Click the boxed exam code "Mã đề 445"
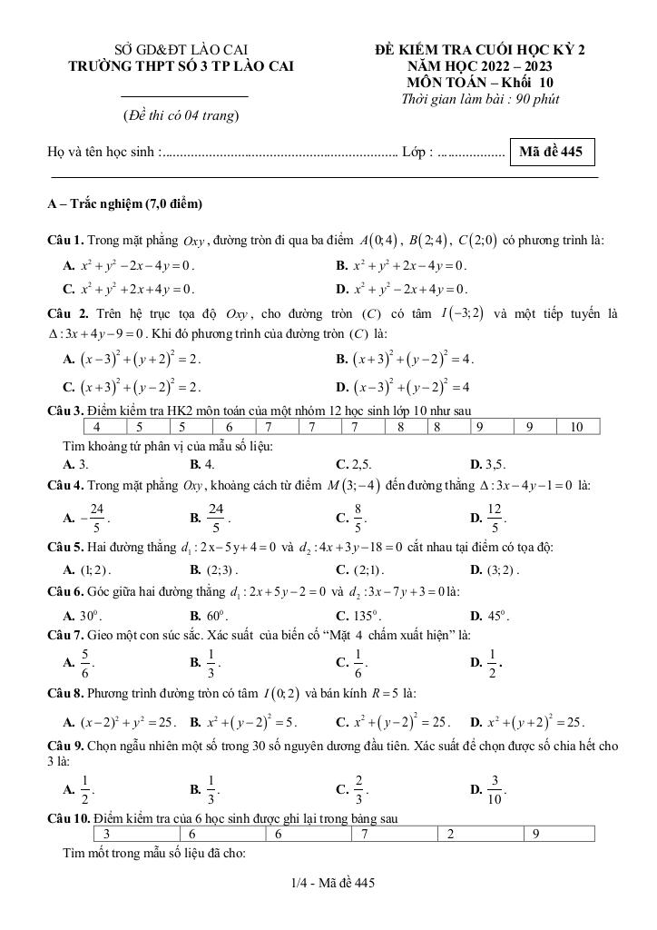[x=553, y=153]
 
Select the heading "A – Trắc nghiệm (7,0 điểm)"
[x=124, y=203]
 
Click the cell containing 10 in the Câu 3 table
[x=577, y=426]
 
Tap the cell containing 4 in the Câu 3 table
[x=96, y=426]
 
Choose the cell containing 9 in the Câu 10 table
[x=536, y=834]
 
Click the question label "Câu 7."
[x=65, y=633]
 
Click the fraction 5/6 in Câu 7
[x=84, y=663]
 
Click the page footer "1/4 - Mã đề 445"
[x=328, y=883]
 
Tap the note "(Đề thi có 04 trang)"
[x=181, y=115]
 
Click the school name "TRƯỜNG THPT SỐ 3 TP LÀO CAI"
[x=181, y=66]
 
